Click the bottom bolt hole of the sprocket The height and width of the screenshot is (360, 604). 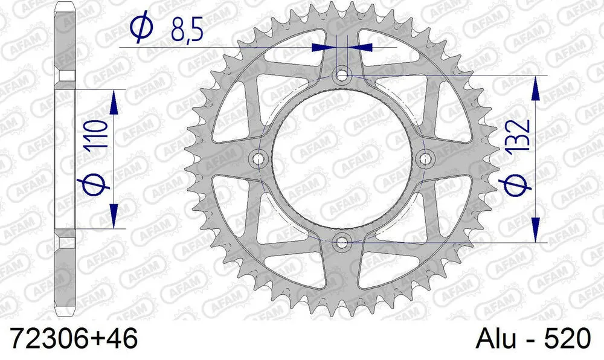click(x=342, y=242)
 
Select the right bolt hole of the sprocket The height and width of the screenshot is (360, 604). click(x=426, y=159)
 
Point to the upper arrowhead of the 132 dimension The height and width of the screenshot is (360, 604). click(x=535, y=88)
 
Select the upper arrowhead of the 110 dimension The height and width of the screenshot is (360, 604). click(x=113, y=102)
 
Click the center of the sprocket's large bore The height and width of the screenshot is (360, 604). click(x=342, y=159)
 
